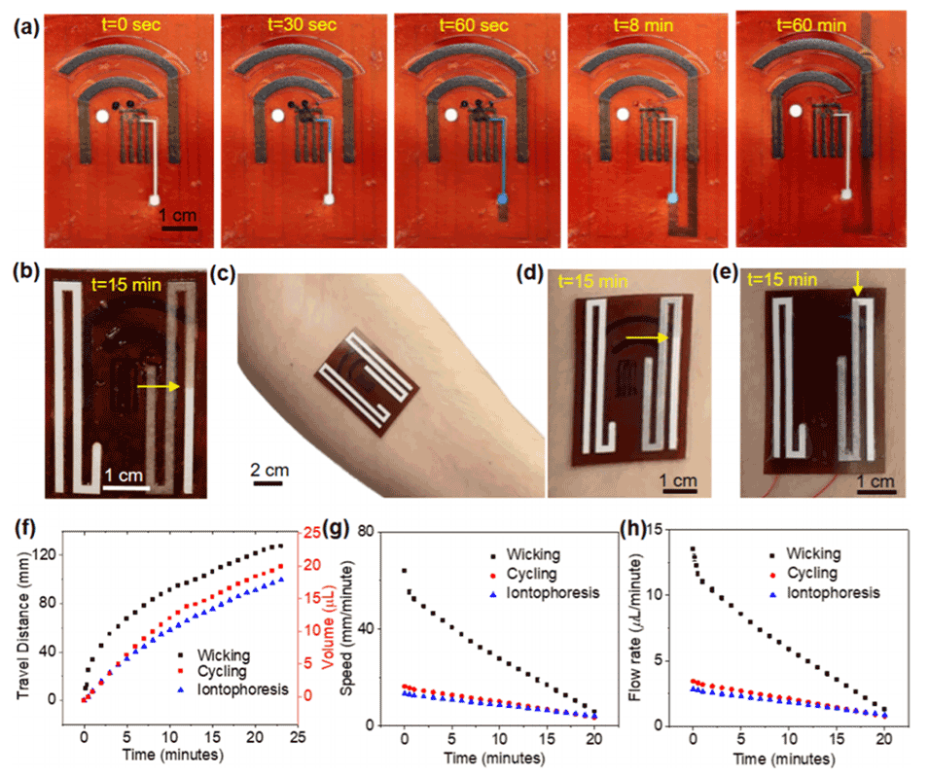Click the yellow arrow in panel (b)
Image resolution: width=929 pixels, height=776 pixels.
(159, 386)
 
